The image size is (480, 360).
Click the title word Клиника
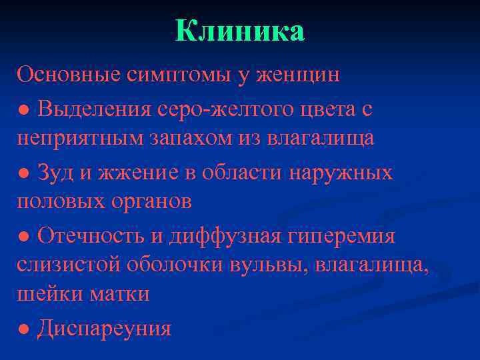pyautogui.click(x=240, y=32)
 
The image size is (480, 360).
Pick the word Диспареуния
pyautogui.click(x=105, y=328)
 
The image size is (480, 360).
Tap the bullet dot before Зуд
pyautogui.click(x=23, y=173)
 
